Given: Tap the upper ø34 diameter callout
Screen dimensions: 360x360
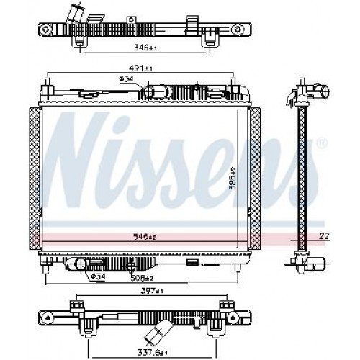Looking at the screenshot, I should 126,79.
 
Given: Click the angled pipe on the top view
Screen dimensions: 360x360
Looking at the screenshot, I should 76,15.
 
